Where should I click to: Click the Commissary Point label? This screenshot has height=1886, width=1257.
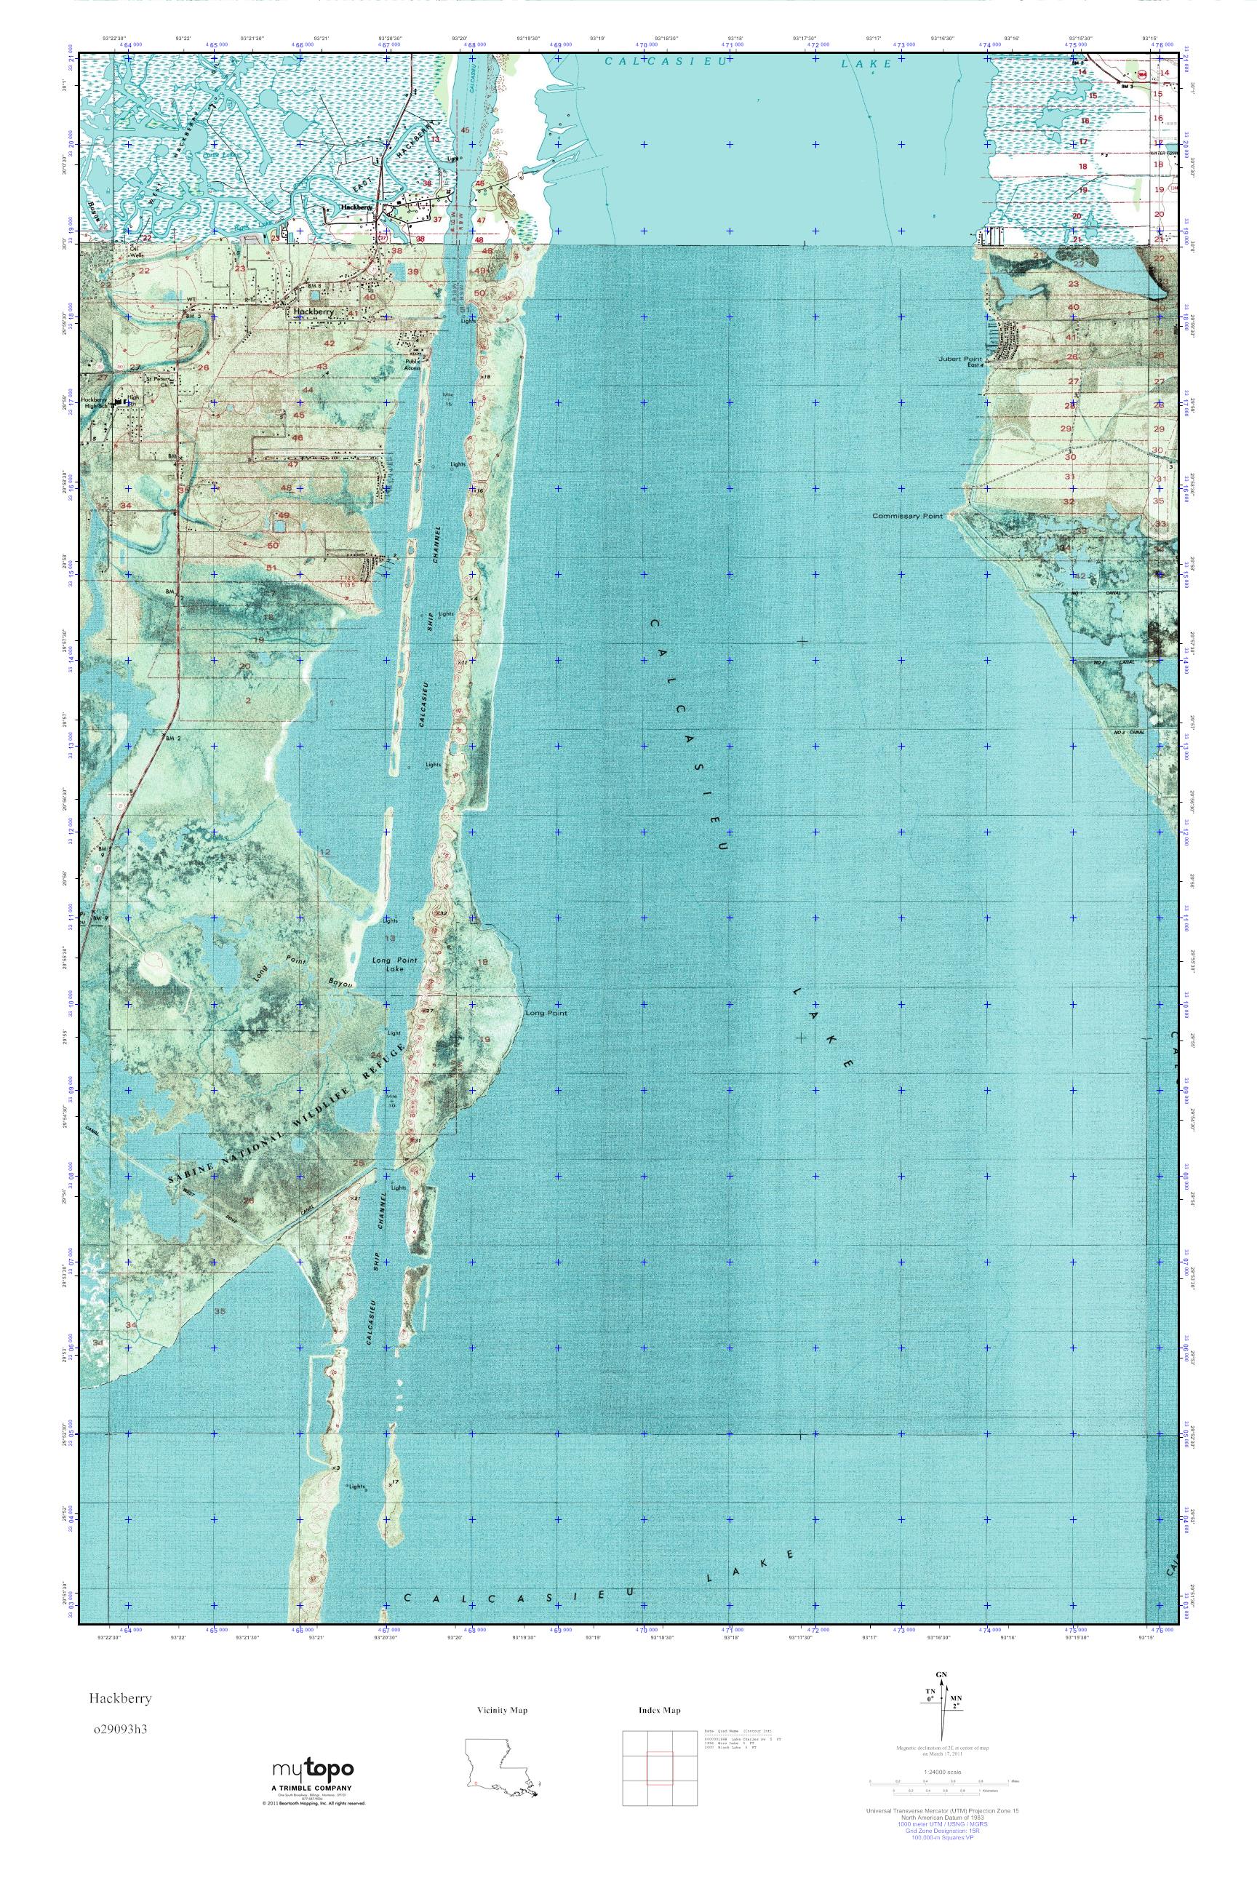(908, 517)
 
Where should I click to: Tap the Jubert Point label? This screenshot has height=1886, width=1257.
(959, 359)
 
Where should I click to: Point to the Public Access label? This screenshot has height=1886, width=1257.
(413, 363)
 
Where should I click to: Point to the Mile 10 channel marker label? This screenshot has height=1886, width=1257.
(392, 1102)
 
